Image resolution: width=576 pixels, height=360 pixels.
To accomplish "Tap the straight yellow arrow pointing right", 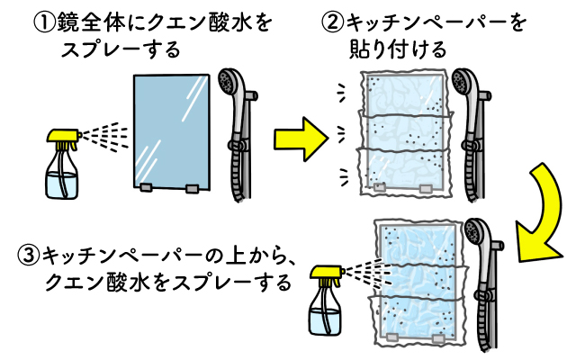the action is [x=301, y=139].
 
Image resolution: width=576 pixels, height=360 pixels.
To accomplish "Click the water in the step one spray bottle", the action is [x=62, y=184].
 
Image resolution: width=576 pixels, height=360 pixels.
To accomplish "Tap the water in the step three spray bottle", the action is [x=325, y=321].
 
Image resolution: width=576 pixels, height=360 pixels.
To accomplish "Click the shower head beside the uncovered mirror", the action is [x=230, y=83].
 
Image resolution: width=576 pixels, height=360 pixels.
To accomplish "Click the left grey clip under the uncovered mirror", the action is [x=146, y=187].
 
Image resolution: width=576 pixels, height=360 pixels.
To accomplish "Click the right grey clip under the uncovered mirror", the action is [x=193, y=188].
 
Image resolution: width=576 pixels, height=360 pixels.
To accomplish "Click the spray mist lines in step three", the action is [x=369, y=273].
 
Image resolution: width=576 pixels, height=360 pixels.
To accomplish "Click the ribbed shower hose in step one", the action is [x=236, y=173].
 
